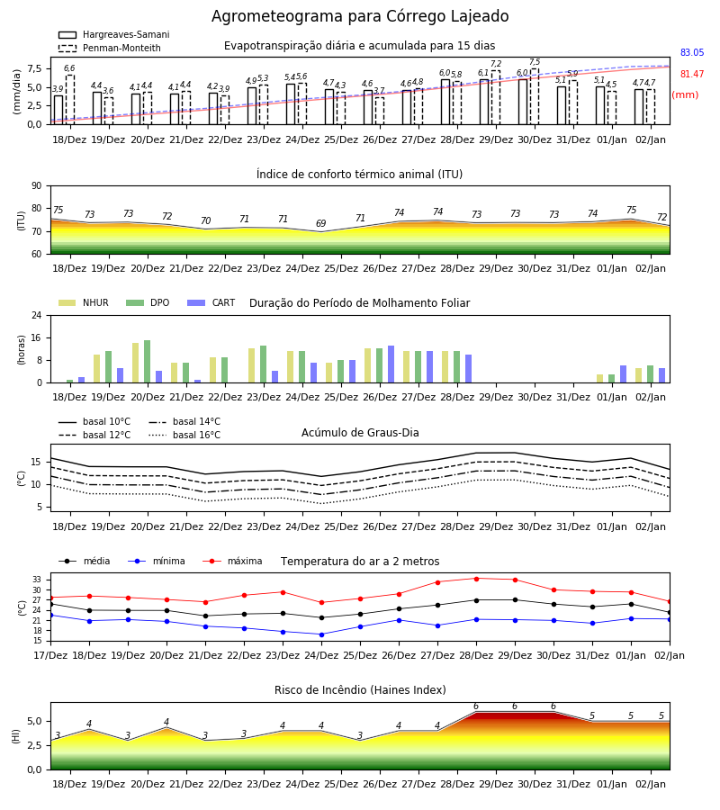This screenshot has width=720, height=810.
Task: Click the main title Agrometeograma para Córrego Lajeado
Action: click(360, 16)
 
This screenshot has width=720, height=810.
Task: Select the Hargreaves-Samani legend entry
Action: click(113, 34)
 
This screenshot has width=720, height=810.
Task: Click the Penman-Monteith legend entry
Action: click(110, 48)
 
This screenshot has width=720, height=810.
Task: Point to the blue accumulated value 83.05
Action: click(692, 52)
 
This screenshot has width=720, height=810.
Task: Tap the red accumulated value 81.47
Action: click(692, 74)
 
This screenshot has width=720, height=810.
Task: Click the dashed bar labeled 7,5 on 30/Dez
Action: click(535, 96)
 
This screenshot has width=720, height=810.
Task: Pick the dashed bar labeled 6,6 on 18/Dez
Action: click(69, 100)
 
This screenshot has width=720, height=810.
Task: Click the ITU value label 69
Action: click(320, 223)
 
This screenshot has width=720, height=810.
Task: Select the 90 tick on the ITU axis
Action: click(36, 186)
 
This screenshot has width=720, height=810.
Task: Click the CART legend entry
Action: click(211, 302)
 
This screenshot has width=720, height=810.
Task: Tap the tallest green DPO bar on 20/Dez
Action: click(148, 362)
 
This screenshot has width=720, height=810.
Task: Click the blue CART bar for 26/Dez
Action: click(391, 364)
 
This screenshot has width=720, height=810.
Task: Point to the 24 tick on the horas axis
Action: click(36, 315)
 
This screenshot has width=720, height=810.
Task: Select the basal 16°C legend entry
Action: click(184, 435)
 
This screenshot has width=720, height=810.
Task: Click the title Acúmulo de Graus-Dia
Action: click(360, 432)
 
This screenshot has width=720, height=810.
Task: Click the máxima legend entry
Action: click(232, 561)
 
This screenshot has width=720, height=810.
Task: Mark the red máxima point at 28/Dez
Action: click(476, 579)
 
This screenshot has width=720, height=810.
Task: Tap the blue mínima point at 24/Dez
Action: click(321, 634)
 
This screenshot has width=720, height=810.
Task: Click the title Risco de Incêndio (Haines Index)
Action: click(360, 690)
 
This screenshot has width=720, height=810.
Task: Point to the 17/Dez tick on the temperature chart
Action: click(50, 655)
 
